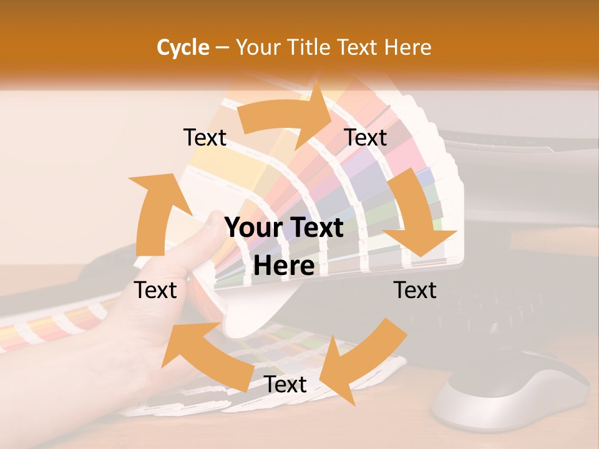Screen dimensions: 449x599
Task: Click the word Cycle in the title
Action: click(x=183, y=47)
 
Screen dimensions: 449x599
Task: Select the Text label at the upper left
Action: click(x=205, y=138)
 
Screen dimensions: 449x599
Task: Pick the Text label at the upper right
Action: click(x=366, y=138)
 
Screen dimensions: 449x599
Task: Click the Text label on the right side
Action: click(x=415, y=290)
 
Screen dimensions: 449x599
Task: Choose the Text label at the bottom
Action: click(x=285, y=384)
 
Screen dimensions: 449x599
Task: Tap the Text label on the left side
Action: click(x=155, y=290)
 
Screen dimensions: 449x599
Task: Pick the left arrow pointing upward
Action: click(x=153, y=212)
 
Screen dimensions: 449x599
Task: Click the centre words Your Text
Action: click(x=284, y=228)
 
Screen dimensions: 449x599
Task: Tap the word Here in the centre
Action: click(x=284, y=266)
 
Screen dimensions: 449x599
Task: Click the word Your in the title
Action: click(x=256, y=47)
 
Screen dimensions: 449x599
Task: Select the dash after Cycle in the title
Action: click(x=222, y=47)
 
